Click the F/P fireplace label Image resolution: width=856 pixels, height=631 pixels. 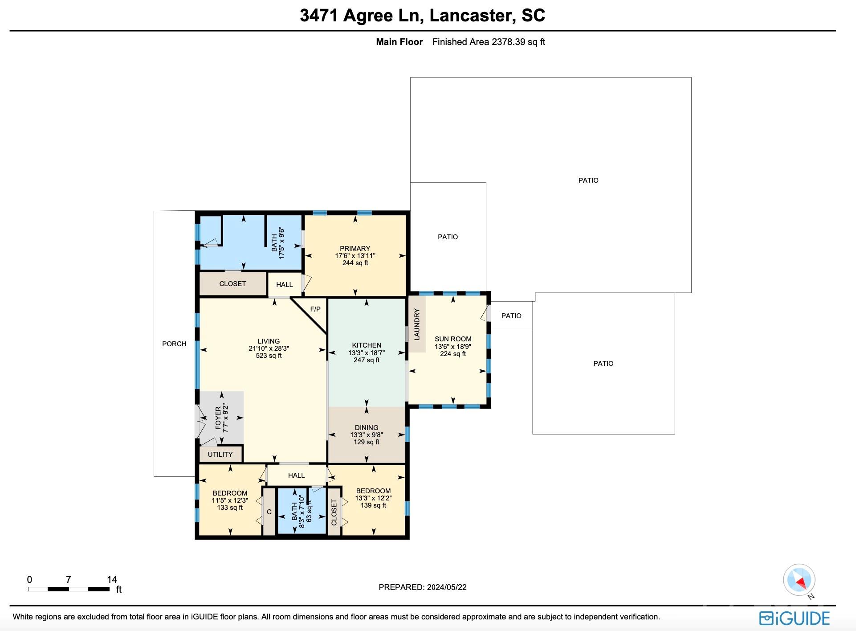(315, 309)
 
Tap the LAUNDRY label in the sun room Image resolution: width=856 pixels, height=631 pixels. (417, 325)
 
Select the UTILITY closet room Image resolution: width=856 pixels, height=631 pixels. (220, 454)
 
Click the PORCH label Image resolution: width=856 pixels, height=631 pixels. (174, 344)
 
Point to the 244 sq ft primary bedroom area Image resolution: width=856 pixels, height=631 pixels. (355, 263)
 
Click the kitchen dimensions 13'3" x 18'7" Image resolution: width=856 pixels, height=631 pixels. (367, 352)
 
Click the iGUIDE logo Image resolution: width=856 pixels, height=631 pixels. (795, 618)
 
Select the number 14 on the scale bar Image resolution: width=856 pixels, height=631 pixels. (112, 579)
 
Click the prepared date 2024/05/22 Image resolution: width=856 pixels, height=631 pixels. (446, 587)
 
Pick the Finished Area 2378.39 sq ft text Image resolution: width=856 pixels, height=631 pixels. (489, 42)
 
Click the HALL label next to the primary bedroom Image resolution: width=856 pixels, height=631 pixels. (285, 284)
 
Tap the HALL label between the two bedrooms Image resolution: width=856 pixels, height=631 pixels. (296, 475)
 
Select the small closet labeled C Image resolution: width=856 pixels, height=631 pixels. (269, 512)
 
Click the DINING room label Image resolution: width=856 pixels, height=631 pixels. (367, 427)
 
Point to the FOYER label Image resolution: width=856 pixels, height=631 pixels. (218, 418)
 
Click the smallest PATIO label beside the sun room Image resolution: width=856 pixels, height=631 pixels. (511, 315)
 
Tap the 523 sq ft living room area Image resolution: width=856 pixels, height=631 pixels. (269, 356)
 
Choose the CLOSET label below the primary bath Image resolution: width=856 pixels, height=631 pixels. (232, 283)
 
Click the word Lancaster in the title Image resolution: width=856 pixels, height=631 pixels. (470, 16)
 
